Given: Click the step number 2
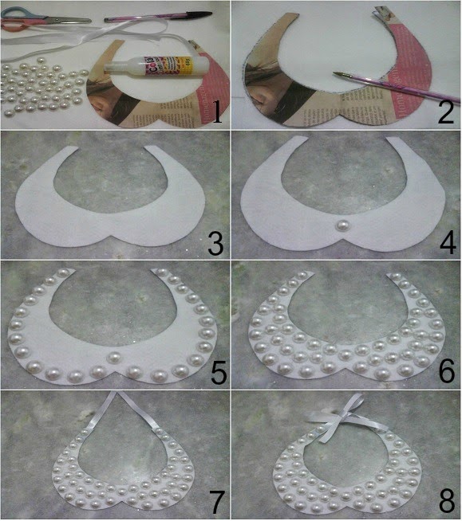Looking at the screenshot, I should pos(445,111).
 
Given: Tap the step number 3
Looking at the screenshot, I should pos(214,241).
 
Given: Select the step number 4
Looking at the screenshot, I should pos(445,241).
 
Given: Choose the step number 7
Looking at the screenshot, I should pos(214,502).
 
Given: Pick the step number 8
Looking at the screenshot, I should pos(445,502).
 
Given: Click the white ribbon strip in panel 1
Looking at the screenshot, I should pos(120,32).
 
